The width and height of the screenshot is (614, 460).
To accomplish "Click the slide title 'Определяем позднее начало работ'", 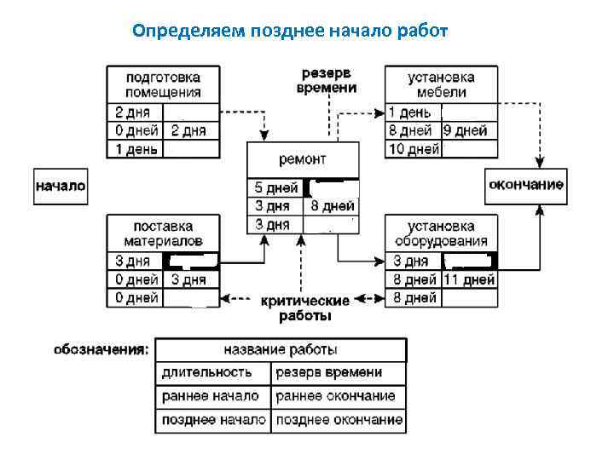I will tap(290, 32).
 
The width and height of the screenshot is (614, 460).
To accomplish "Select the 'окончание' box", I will tap(525, 186).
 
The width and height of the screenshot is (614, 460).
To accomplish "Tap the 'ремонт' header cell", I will tap(303, 159).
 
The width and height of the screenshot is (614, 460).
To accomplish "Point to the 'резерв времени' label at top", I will tap(327, 80).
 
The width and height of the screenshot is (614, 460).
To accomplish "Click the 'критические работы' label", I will tap(304, 308).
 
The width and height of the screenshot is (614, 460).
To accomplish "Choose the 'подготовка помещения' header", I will tap(163, 84).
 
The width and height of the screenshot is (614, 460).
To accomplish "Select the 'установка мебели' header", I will tap(441, 84).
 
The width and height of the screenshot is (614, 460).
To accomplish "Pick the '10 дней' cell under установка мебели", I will tap(413, 150).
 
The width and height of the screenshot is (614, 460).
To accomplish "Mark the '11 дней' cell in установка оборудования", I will tap(468, 279).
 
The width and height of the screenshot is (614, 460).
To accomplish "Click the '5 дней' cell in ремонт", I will tap(275, 187).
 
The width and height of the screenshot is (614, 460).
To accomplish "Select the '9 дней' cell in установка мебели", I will tap(466, 131).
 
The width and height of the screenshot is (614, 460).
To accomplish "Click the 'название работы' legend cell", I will tap(281, 350).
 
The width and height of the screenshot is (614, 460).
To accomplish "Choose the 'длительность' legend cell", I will tap(207, 373).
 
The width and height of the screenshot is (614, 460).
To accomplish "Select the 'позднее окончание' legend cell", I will tap(339, 420).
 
